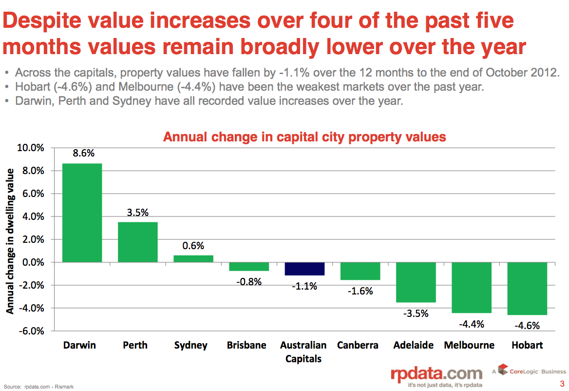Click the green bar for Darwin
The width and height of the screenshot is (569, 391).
(82, 213)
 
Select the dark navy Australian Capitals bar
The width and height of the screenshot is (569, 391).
(304, 269)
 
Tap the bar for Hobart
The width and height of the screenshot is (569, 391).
(527, 289)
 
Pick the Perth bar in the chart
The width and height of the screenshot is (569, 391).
(137, 242)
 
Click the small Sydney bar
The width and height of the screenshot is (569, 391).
(193, 259)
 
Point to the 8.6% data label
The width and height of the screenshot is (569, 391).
(83, 153)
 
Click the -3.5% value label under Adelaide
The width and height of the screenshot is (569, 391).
(416, 313)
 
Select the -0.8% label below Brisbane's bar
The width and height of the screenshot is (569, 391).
(249, 282)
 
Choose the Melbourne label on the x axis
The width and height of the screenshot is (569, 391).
(469, 345)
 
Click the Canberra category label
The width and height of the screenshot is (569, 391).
(358, 345)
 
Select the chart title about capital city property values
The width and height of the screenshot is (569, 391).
(304, 137)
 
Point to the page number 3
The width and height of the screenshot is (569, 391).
(562, 383)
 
